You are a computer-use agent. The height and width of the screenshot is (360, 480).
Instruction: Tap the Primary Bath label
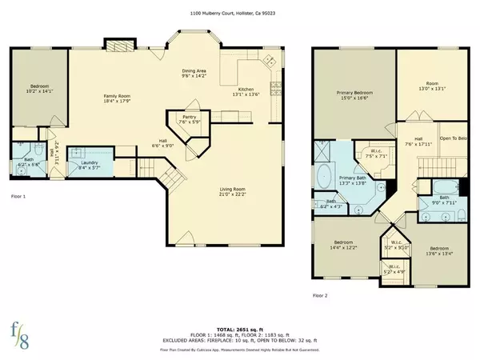(353, 180)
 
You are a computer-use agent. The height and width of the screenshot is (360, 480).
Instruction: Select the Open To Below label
(453, 137)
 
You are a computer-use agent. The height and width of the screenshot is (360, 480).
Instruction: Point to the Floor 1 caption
(18, 196)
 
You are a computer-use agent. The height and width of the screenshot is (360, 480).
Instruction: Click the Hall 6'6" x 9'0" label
(165, 142)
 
